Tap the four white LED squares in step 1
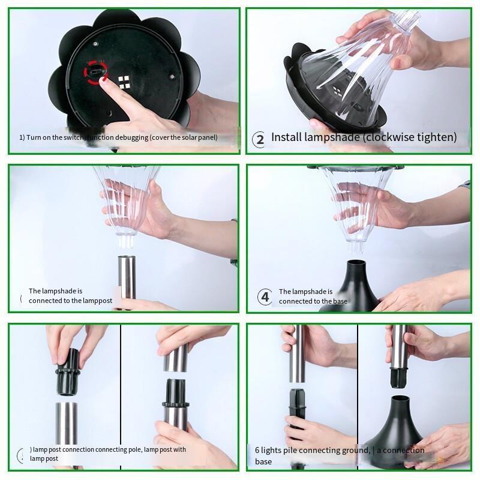[124, 82]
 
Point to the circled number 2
[259, 140]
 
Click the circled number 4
[265, 297]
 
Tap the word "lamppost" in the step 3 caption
[98, 301]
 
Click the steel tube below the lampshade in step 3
[127, 281]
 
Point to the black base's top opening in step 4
[356, 263]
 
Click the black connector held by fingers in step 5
[67, 372]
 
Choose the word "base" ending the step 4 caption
[340, 301]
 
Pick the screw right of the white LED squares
[172, 76]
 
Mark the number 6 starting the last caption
[257, 450]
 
